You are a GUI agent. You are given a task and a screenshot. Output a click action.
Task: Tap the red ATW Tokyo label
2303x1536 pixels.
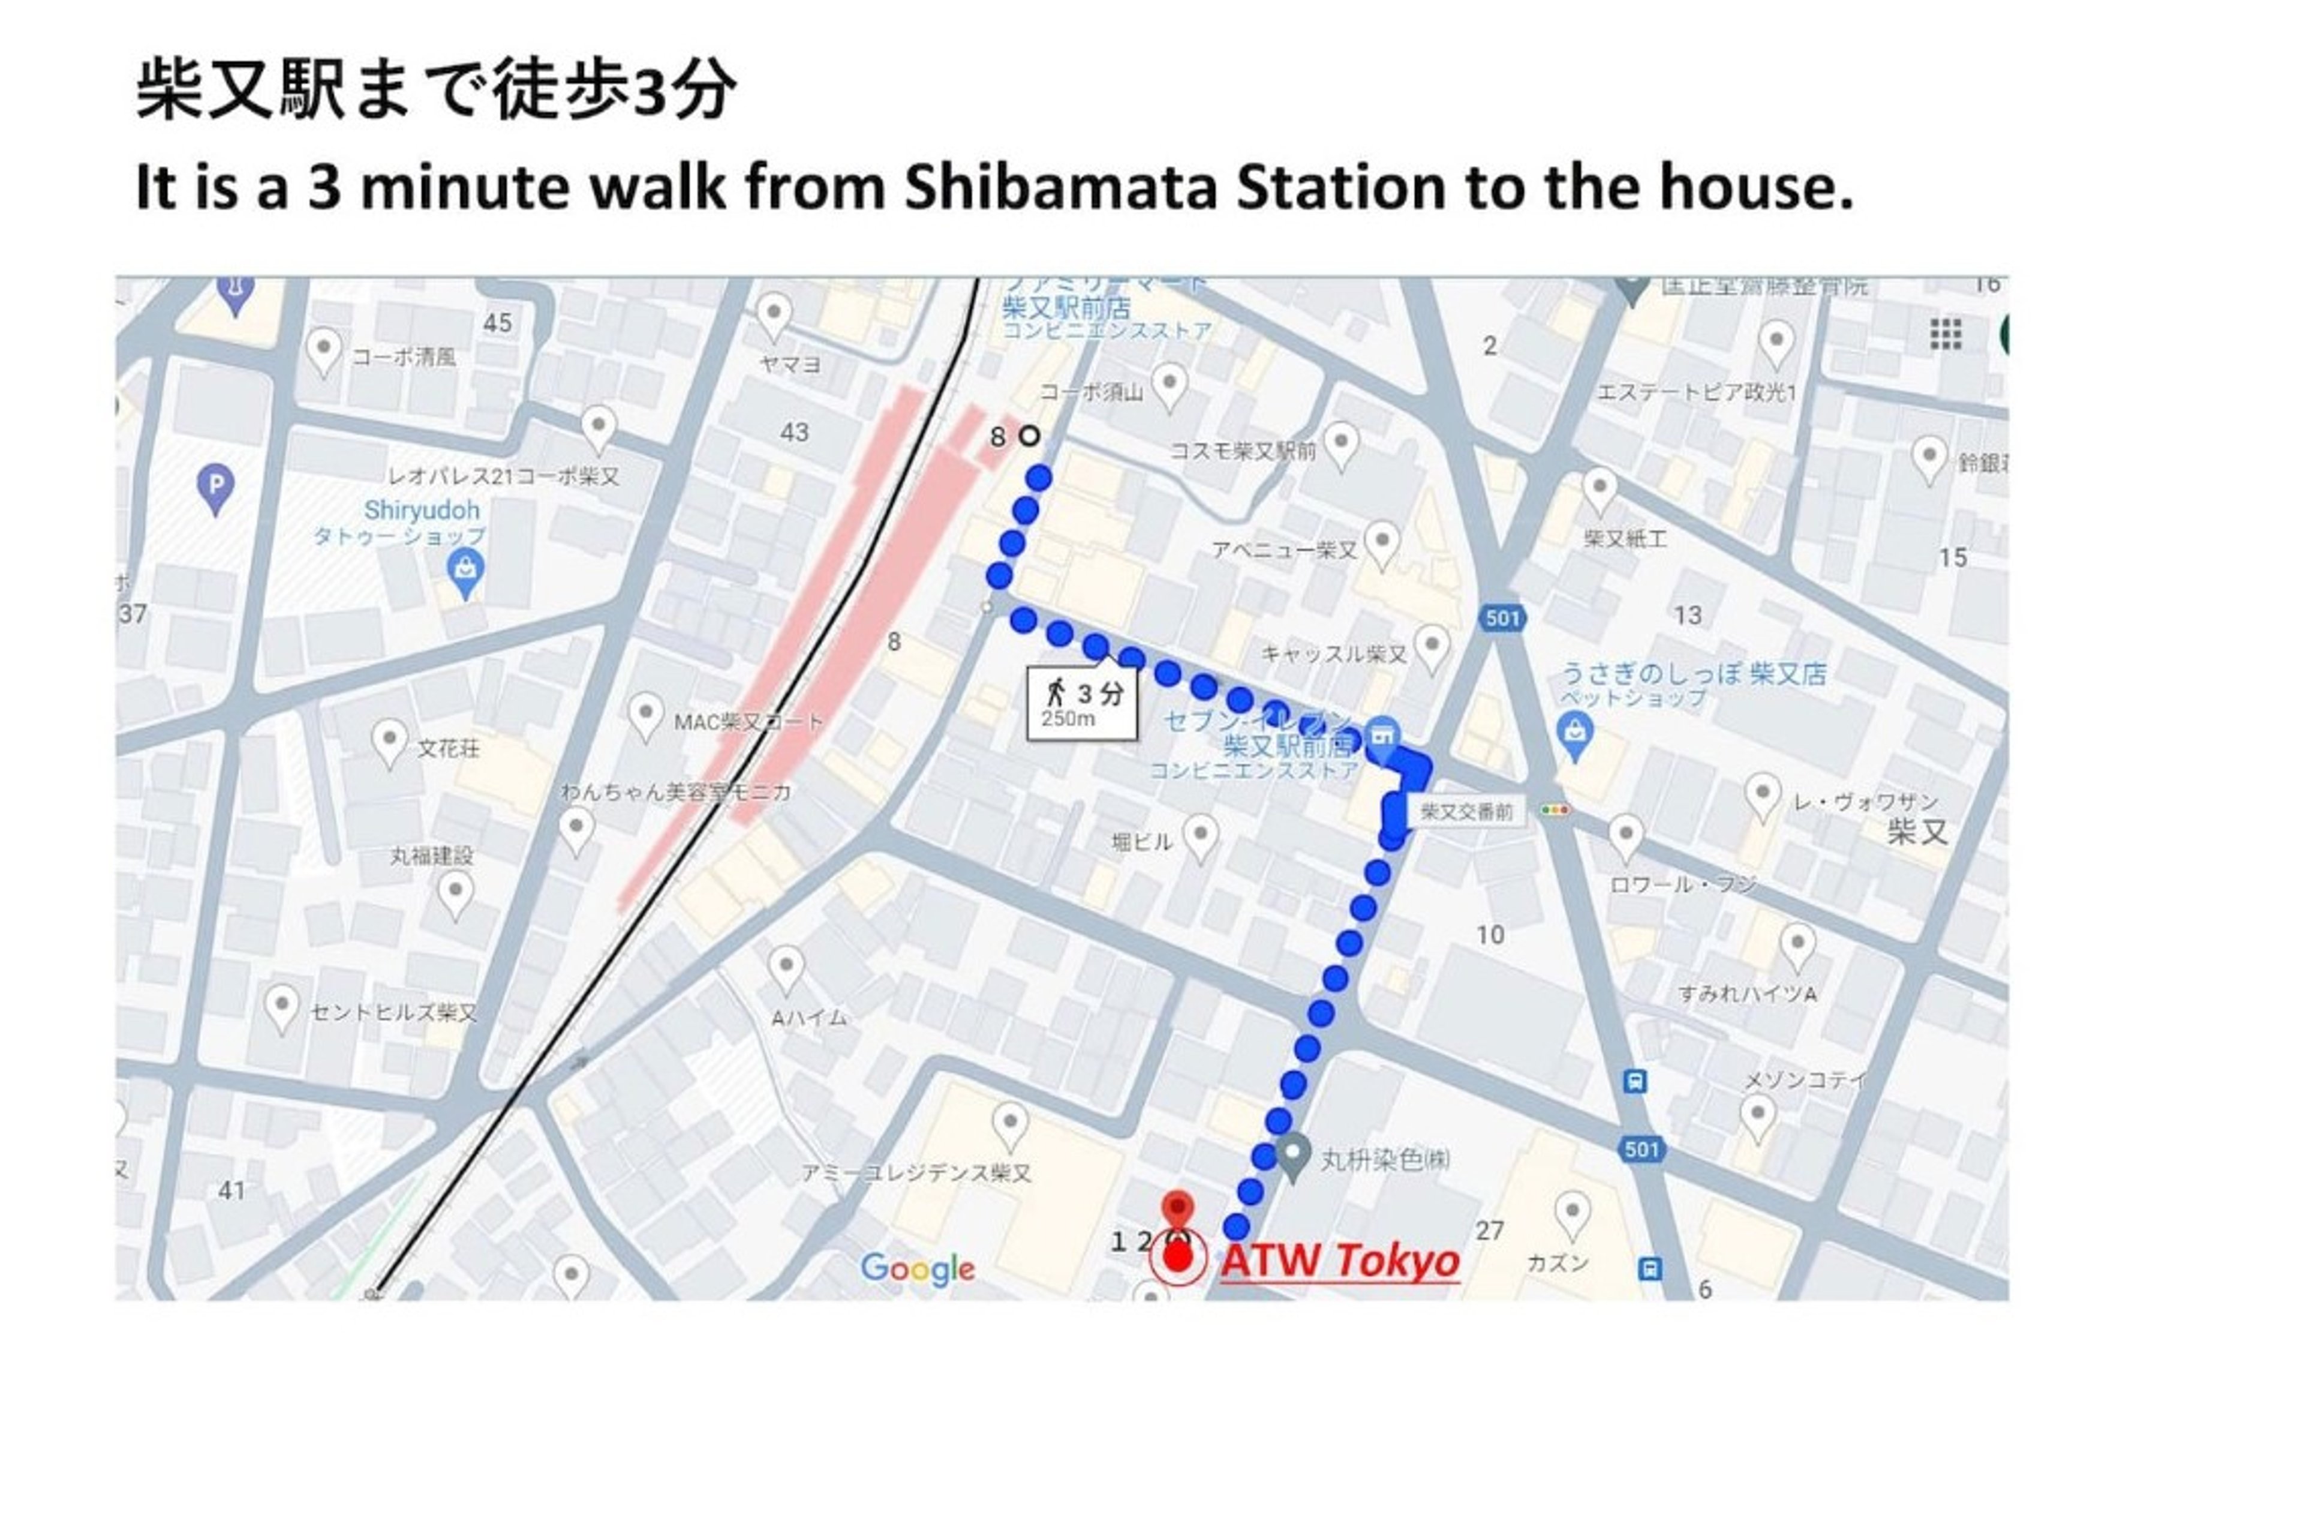tap(1339, 1260)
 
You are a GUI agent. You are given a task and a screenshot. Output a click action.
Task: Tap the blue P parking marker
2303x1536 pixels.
tap(215, 486)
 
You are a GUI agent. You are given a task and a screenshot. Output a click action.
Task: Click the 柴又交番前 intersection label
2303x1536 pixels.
tap(1466, 811)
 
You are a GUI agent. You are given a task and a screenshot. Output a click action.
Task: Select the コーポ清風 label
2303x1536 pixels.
tap(404, 356)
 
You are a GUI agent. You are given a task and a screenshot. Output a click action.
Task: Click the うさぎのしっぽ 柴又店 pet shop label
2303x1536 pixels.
tap(1693, 674)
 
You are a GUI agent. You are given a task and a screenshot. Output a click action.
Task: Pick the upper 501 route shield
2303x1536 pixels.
tap(1502, 618)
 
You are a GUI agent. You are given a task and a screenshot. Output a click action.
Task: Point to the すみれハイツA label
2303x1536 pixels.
tap(1747, 994)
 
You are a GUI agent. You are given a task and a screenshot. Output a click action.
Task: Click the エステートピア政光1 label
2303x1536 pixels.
tap(1697, 393)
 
